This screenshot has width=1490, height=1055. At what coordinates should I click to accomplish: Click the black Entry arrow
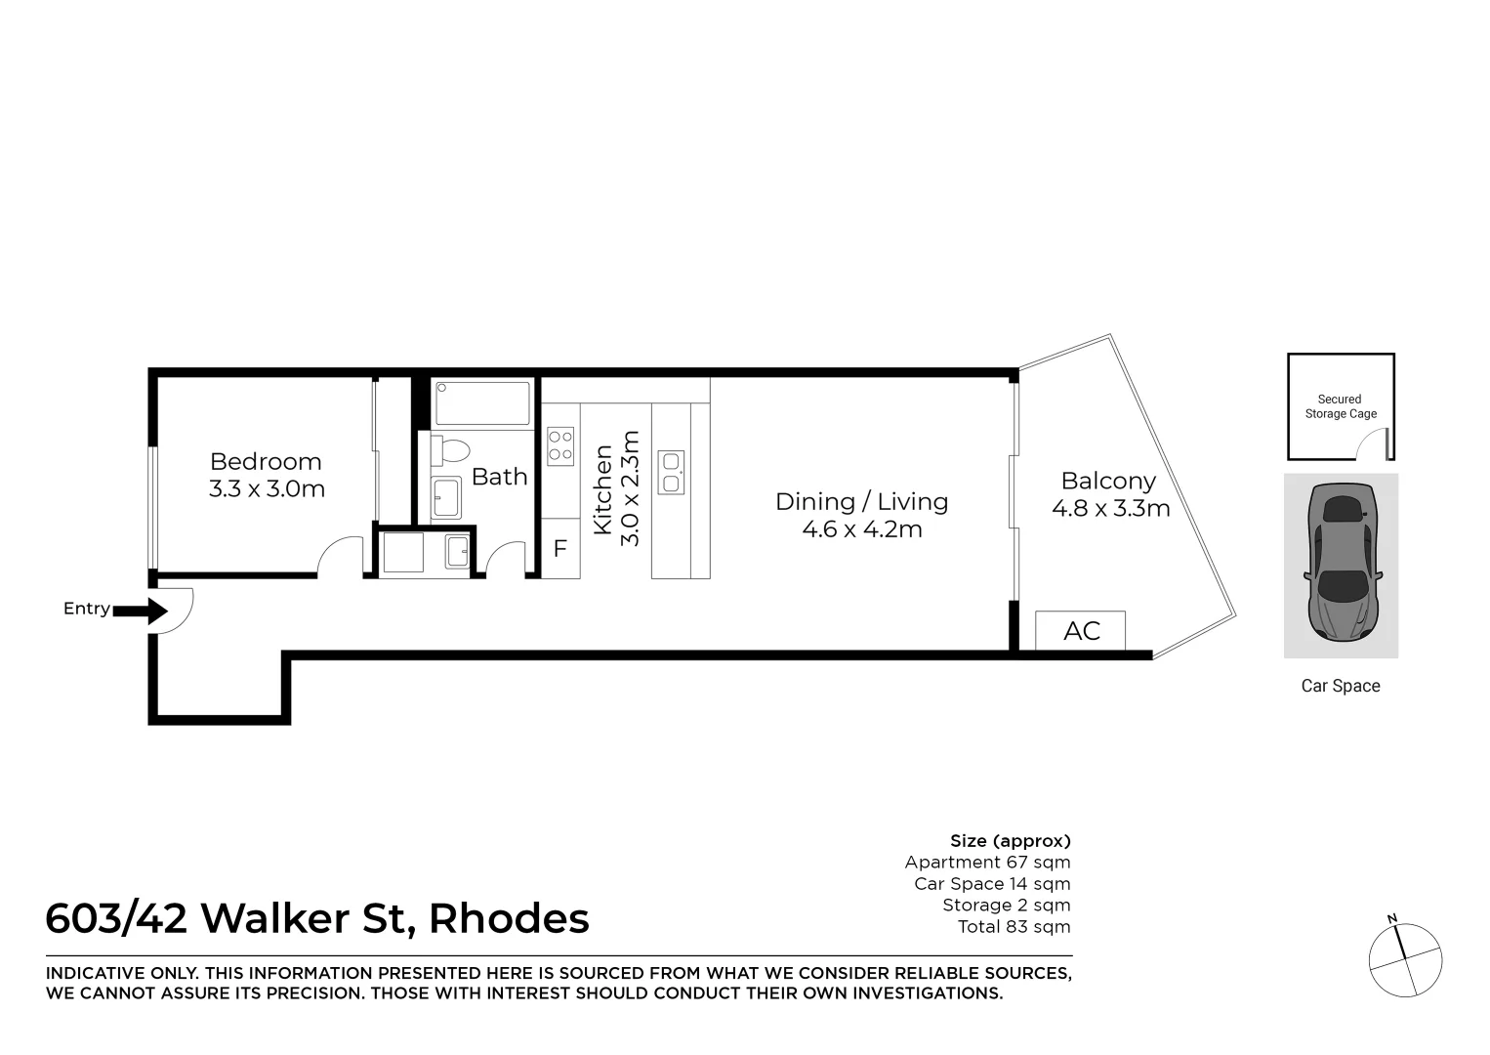pos(142,612)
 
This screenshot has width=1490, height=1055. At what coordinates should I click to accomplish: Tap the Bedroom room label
pos(266,461)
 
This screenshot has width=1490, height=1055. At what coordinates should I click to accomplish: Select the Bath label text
pos(499,477)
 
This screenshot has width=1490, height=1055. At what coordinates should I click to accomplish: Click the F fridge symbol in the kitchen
pos(559,549)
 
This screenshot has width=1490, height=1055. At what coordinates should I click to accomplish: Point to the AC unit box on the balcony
pos(1081,631)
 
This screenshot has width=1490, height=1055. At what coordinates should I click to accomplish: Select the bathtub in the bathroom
pos(481,402)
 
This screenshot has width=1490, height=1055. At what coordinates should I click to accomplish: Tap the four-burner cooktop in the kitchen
pos(560,446)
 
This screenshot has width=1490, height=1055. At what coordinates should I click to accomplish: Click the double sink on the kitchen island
pos(671,472)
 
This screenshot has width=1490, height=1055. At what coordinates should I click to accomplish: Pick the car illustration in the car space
pos(1341,564)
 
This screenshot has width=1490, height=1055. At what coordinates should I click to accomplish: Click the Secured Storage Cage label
pos(1340,406)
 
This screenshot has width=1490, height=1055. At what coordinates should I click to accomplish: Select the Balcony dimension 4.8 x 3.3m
pos(1110,509)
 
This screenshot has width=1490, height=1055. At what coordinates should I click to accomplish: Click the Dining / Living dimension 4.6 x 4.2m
pos(861,529)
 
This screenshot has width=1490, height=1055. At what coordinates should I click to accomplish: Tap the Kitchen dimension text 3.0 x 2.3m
pos(630,488)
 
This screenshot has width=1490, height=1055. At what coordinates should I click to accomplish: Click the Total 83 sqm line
pos(1014,927)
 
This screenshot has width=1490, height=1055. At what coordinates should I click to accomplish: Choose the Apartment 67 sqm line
pos(987,863)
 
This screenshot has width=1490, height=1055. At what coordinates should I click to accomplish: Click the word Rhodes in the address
pos(509,919)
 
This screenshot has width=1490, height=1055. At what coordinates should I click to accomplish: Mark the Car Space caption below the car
pos(1340,686)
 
